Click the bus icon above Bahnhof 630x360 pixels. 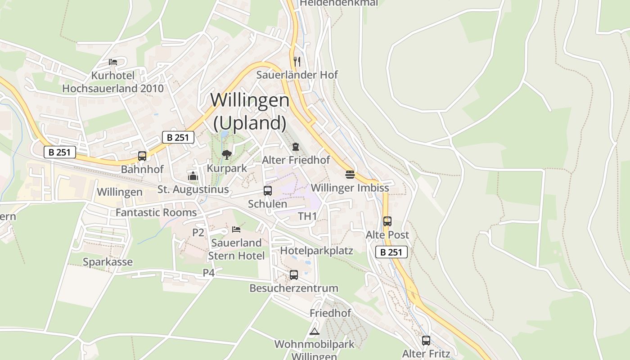point(142,156)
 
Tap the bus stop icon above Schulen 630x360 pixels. point(268,190)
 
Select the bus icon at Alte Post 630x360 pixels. point(387,221)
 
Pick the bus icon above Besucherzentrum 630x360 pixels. point(293,274)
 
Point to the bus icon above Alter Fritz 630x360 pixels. point(426,340)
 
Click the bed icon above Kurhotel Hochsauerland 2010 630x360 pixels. point(113,62)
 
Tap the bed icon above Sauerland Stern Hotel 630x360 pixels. point(236,229)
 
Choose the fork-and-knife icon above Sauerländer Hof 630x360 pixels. point(297,61)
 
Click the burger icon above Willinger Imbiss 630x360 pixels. point(350,174)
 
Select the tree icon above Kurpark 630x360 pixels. point(227,155)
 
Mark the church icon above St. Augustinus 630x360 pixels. point(193,176)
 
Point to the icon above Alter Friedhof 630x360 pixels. point(295,147)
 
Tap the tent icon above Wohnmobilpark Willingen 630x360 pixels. point(314,332)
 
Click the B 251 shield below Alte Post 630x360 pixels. point(391,252)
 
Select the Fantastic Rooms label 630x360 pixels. point(156,212)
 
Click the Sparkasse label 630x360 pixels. point(108,262)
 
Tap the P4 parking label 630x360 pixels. point(208,272)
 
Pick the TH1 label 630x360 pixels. point(307,216)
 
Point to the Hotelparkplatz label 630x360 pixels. point(316,250)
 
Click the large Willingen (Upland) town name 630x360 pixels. point(250,111)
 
